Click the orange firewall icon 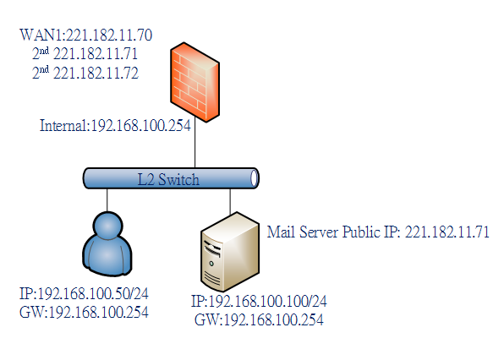tap(194, 82)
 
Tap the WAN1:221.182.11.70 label tap(85, 35)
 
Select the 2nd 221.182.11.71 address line tap(85, 53)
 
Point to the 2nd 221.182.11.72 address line tap(85, 73)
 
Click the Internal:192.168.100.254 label tap(115, 126)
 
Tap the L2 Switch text tap(168, 179)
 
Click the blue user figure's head tap(107, 225)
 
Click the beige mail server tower tap(230, 252)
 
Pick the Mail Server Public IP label tap(378, 232)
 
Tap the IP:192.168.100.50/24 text tap(84, 293)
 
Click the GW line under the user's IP tap(84, 312)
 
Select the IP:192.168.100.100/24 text tap(259, 301)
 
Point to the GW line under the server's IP tap(259, 319)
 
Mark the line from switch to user tap(107, 200)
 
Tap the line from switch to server tap(230, 202)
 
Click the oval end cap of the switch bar tap(255, 178)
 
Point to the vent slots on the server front tap(212, 277)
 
